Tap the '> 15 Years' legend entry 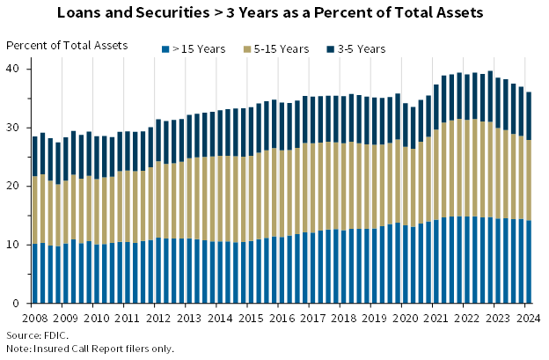coord(199,49)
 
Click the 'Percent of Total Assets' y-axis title coord(67,45)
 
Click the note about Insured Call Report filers coord(91,349)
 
